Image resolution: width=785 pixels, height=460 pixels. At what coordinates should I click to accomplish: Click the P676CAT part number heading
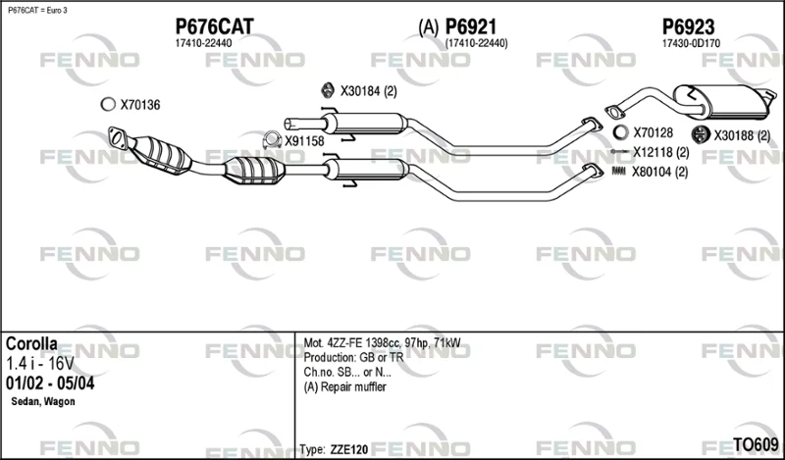point(214,26)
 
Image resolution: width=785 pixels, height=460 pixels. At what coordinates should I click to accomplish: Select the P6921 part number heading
point(471,26)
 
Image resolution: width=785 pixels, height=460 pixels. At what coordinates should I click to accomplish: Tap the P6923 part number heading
point(689,26)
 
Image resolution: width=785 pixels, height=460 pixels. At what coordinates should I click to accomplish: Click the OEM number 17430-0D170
point(691,43)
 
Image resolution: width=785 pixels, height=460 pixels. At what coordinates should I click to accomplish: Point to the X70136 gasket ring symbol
point(108,104)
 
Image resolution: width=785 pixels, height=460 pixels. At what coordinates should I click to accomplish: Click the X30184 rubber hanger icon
point(328,90)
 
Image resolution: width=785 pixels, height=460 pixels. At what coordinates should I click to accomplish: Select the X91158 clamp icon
point(272,140)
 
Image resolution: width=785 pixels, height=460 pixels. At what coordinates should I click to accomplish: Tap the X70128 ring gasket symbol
point(620,132)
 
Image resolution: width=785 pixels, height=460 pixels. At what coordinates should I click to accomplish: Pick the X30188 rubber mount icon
point(699,133)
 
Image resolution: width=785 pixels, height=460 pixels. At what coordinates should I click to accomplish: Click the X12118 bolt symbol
point(620,151)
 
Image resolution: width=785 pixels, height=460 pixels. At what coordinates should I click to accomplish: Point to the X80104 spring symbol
point(619,172)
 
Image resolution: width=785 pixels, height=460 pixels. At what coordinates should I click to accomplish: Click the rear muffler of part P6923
point(721,102)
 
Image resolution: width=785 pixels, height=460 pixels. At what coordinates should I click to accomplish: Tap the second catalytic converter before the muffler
point(254,171)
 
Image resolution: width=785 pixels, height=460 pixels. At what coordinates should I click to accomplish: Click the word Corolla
point(31,343)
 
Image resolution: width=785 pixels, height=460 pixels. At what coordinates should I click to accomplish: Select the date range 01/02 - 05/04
point(50,383)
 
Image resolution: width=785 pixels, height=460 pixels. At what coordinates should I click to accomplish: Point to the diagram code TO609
point(756,444)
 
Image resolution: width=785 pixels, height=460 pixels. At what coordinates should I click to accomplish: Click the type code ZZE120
point(349,449)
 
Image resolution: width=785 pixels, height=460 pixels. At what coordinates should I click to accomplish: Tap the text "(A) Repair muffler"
point(345,386)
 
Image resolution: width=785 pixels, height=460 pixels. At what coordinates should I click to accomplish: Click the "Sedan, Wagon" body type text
point(43,401)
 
